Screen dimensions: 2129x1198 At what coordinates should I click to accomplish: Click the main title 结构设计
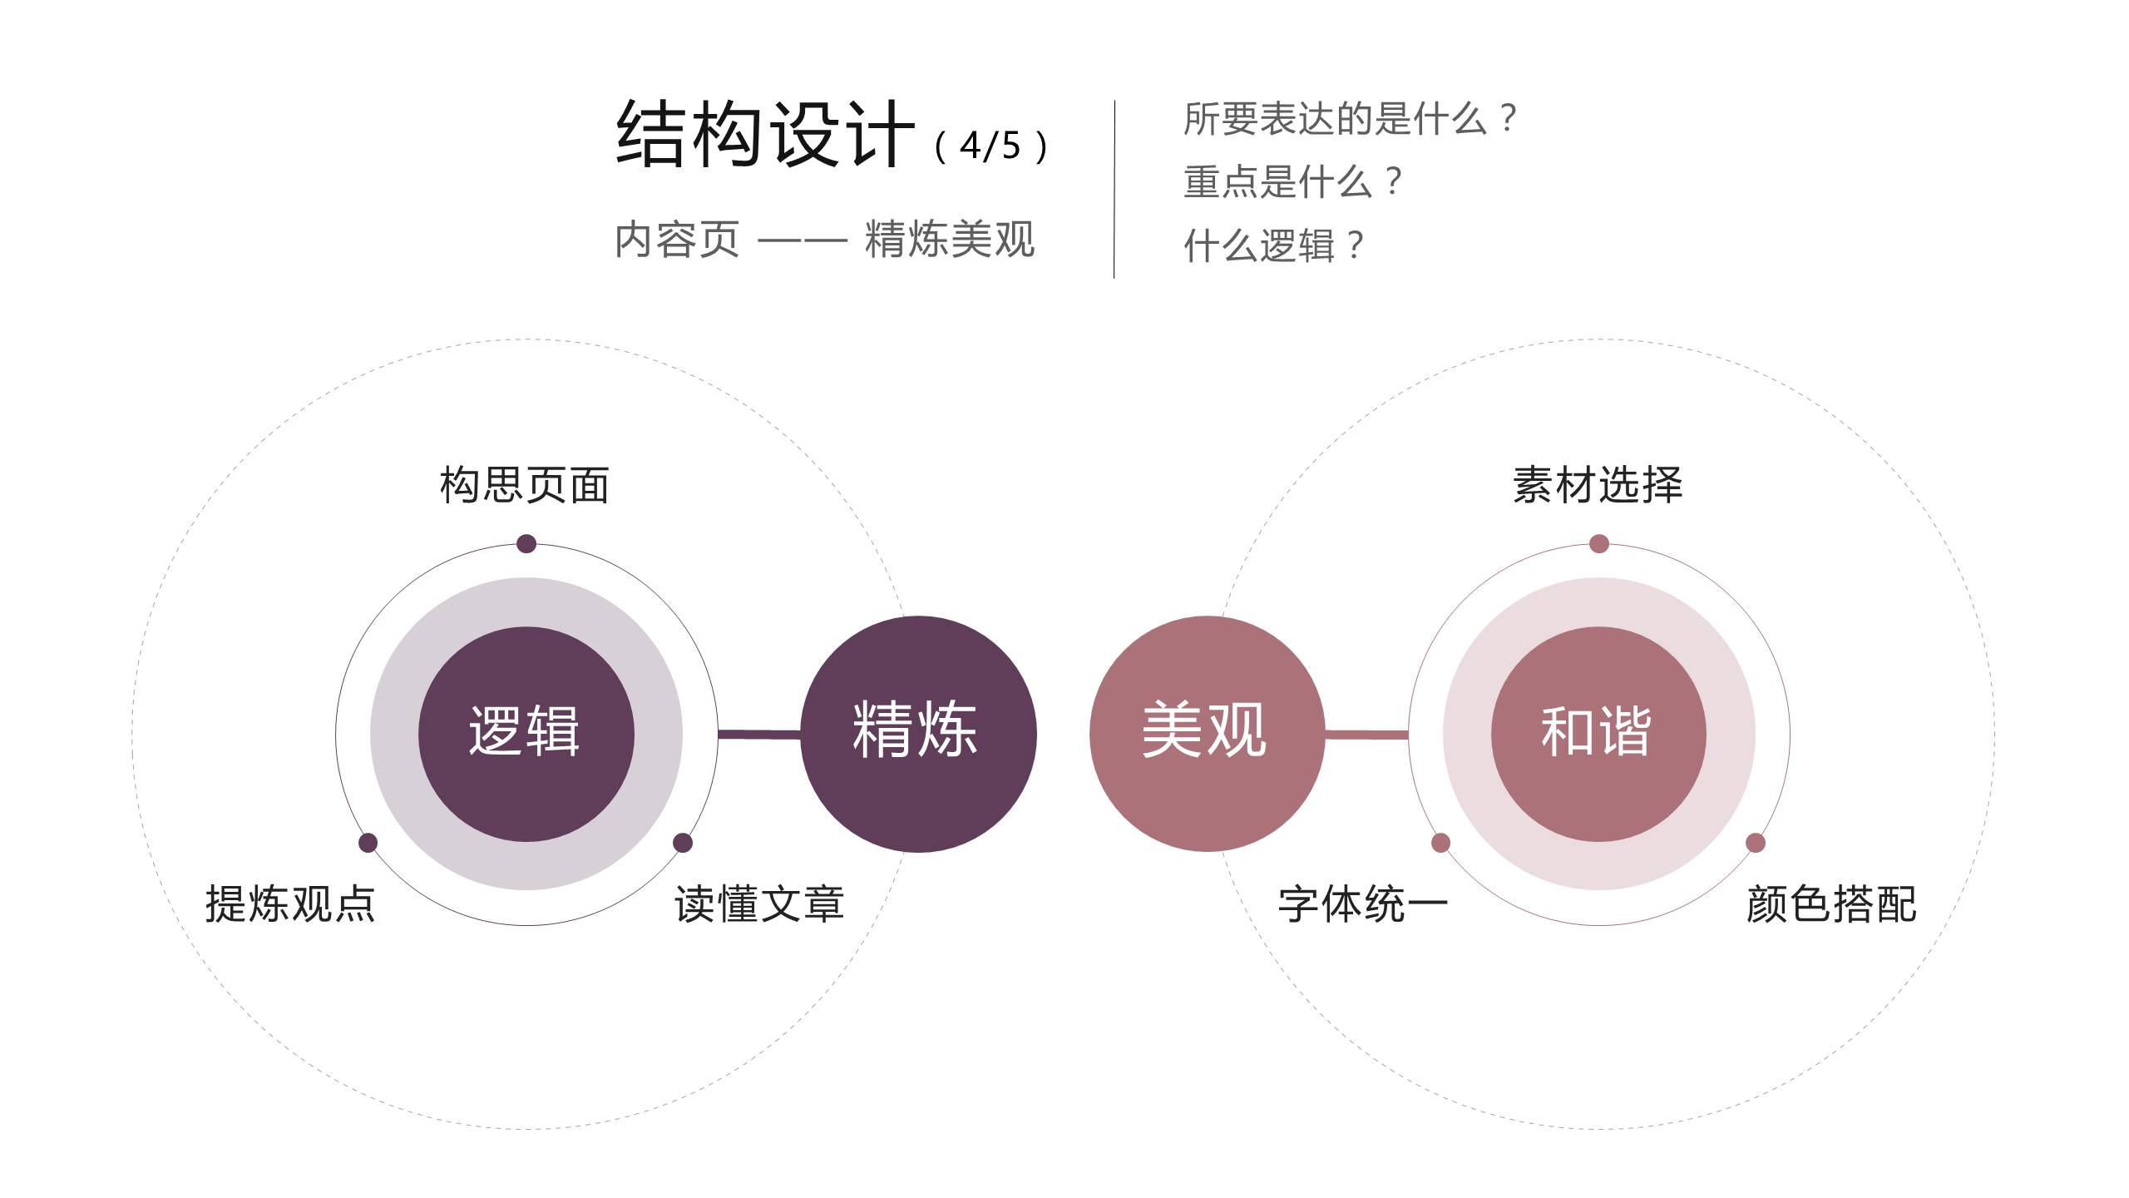point(765,135)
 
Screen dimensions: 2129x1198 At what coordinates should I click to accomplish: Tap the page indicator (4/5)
point(990,146)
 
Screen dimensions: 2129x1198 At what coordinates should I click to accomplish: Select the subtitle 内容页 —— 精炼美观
point(824,240)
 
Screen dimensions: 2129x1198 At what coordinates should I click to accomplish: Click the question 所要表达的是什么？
point(1350,119)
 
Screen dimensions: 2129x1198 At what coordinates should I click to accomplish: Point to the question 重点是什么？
point(1292,182)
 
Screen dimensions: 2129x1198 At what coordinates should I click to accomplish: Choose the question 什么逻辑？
point(1273,245)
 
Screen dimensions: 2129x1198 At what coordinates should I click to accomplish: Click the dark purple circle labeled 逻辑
point(526,733)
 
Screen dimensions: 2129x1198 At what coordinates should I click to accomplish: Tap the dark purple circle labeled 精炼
point(918,733)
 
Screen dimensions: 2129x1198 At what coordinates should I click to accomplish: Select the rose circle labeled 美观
point(1206,733)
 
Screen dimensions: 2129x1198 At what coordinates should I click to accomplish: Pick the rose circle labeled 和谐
point(1598,733)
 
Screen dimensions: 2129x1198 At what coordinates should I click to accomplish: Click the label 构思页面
point(525,485)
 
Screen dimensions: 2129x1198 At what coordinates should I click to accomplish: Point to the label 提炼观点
point(290,903)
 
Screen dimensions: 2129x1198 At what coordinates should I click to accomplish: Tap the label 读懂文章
point(759,903)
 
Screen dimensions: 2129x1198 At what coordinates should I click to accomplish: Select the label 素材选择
point(1598,485)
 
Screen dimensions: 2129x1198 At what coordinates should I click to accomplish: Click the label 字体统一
point(1363,903)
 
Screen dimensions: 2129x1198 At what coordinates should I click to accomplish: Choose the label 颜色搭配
point(1831,903)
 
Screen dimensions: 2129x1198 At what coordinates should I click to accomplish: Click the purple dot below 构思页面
point(526,544)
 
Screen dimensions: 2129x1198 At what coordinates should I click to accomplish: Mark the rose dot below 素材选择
point(1598,544)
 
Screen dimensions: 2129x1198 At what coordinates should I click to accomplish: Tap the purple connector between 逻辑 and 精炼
point(758,734)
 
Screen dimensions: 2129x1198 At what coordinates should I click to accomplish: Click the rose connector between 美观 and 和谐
point(1366,734)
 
